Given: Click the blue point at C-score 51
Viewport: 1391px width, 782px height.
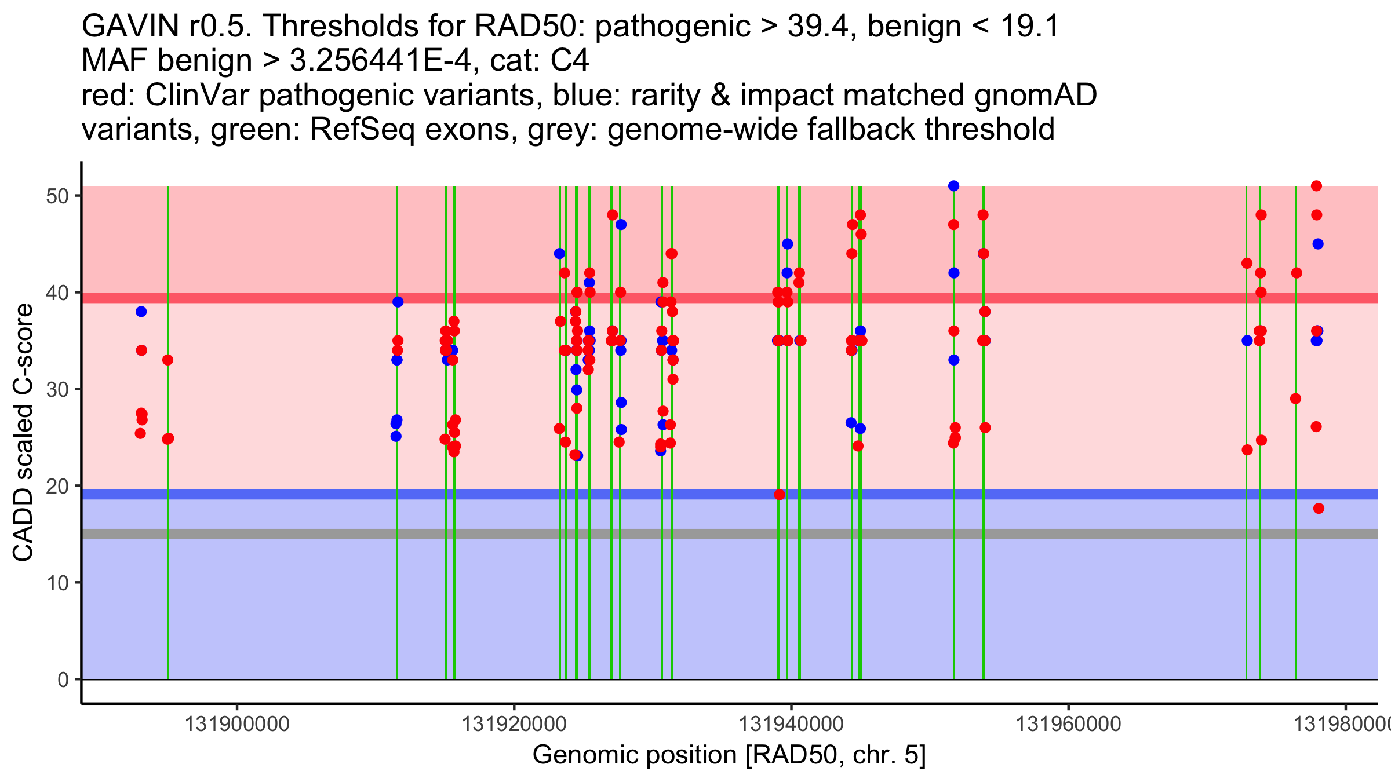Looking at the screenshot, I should coord(953,186).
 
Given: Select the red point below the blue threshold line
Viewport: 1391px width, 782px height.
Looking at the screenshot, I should coord(1319,509).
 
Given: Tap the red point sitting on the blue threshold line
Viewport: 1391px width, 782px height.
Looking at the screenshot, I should coord(780,495).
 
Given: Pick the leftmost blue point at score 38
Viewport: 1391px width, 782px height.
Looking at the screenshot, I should coord(141,312).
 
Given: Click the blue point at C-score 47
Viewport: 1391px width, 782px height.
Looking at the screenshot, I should coord(621,225).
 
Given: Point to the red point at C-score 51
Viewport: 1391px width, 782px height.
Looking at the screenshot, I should coord(1316,186).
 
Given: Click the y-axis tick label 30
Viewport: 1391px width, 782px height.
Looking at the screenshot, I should coord(57,389).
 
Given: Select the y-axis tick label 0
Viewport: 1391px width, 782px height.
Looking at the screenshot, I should coord(63,679).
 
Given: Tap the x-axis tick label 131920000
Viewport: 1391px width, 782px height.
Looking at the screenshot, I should coord(514,724).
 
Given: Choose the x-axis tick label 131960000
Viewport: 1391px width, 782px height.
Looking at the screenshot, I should coord(1068,724).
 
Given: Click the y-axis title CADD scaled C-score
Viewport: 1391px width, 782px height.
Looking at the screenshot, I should coord(23,433).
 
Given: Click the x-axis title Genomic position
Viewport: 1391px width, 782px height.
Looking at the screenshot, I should coord(729,755).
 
